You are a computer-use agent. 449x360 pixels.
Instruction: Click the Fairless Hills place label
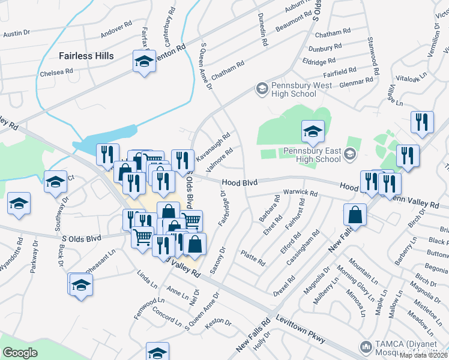[86, 56]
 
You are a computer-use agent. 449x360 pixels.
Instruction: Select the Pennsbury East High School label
[312, 155]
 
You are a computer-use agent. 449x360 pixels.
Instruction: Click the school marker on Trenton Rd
[144, 62]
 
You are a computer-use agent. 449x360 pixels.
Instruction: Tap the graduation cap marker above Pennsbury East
[313, 131]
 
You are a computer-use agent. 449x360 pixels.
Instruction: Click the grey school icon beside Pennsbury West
[261, 89]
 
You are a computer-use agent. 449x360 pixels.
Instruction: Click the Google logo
[20, 353]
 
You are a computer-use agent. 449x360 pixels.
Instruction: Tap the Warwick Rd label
[301, 193]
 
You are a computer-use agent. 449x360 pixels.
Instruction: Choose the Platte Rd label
[253, 259]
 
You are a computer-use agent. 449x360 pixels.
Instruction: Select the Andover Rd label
[116, 28]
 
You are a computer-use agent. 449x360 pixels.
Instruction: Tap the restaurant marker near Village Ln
[422, 122]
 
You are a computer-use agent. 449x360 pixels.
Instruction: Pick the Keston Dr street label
[218, 323]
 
